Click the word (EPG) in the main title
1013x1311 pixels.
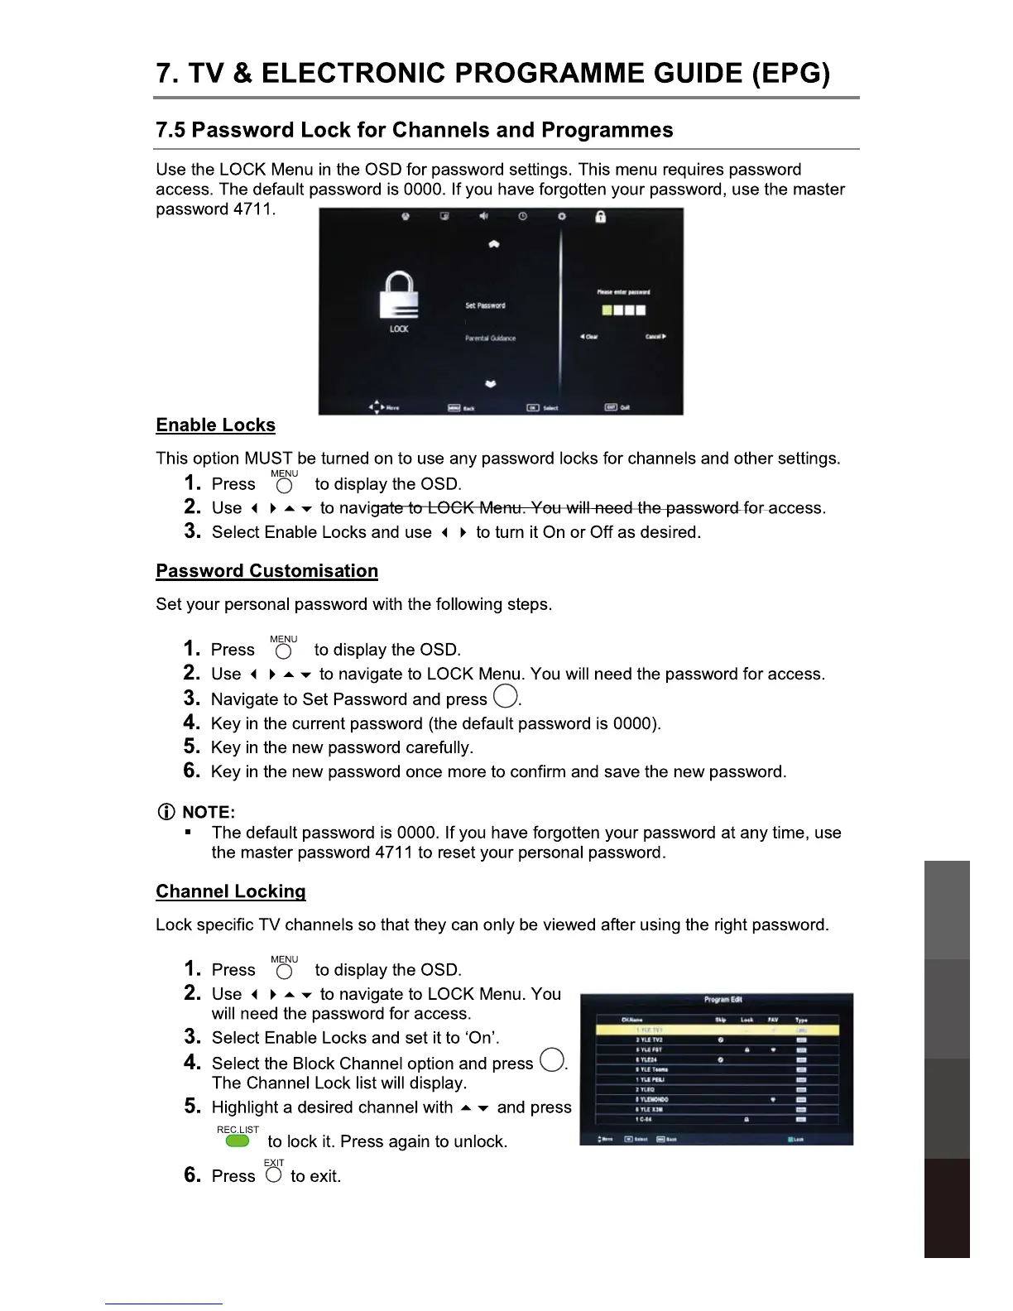790,74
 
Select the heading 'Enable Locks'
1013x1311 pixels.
215,425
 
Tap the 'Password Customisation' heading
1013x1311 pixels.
266,571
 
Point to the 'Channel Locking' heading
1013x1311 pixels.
230,891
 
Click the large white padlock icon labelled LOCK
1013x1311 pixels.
399,295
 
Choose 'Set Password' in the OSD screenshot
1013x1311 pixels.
485,305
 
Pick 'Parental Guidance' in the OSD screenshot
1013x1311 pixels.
490,339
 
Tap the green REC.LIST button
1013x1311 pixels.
238,1141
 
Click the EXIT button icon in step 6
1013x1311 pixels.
274,1175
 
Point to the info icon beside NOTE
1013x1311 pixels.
166,812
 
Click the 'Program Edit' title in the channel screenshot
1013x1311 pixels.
723,1000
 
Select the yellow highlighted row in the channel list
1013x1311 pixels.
718,1030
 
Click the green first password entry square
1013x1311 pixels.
607,310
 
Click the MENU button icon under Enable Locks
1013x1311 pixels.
284,486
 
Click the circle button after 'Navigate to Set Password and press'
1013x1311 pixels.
506,697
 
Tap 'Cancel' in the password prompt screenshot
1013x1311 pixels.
655,337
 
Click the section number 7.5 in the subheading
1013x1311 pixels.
170,131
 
